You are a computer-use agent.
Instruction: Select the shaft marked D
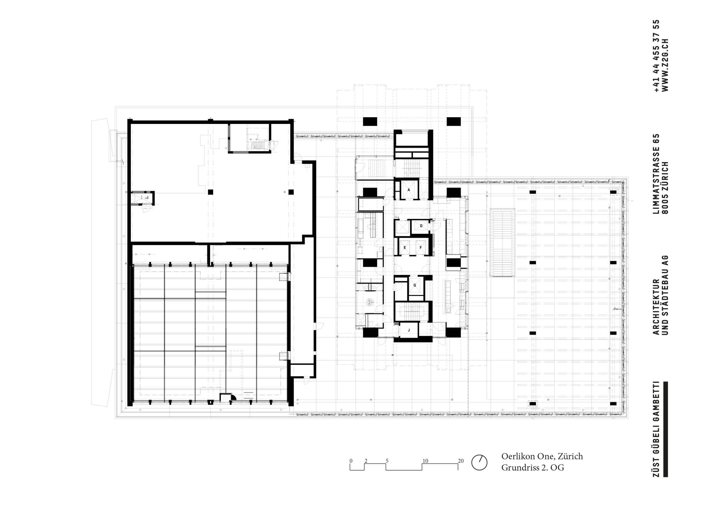[421, 226]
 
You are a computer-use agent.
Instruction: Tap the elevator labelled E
[405, 248]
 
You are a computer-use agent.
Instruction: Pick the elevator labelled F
[421, 248]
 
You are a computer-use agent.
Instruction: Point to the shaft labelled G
[415, 286]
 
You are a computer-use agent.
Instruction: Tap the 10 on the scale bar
[425, 461]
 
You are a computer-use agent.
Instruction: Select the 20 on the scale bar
[461, 461]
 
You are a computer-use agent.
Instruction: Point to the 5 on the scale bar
[387, 461]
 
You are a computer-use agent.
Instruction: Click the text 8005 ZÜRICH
[665, 188]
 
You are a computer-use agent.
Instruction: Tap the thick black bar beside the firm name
[665, 429]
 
